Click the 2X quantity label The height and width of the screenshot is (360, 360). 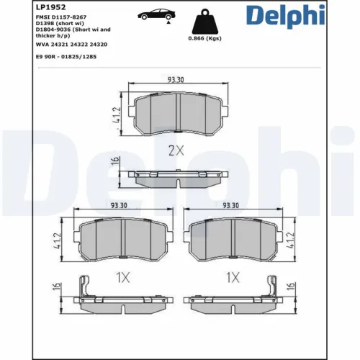(x=176, y=150)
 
